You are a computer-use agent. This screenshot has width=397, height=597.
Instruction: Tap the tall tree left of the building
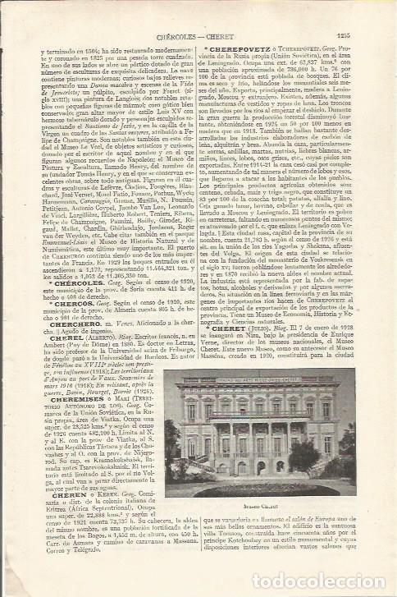(173, 443)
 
